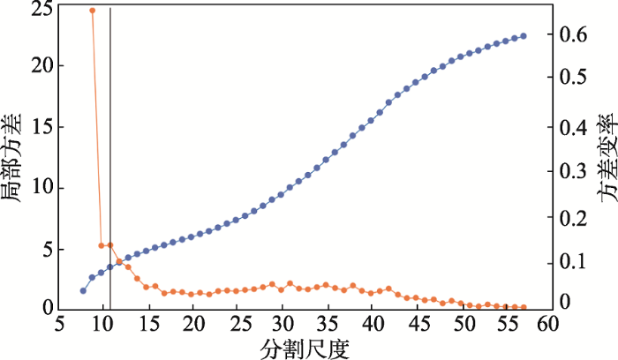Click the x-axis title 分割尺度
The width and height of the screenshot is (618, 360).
pos(305,348)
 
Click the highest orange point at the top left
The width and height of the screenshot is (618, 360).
pos(92,11)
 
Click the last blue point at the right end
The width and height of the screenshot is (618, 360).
pos(524,36)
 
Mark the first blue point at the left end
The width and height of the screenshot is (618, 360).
pos(83,290)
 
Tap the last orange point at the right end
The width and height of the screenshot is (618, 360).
pos(524,307)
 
